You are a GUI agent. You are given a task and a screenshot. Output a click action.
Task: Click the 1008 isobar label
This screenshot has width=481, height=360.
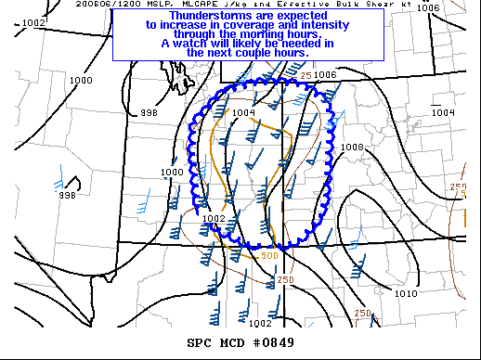point(353,148)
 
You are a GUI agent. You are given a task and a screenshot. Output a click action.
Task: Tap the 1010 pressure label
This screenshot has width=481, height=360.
point(406,293)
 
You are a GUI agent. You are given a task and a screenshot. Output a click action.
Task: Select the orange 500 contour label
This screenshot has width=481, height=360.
point(269,256)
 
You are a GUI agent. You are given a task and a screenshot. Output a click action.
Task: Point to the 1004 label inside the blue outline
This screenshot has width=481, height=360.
point(243,113)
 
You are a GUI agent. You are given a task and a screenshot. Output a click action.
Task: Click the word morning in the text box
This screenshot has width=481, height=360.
point(262,34)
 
